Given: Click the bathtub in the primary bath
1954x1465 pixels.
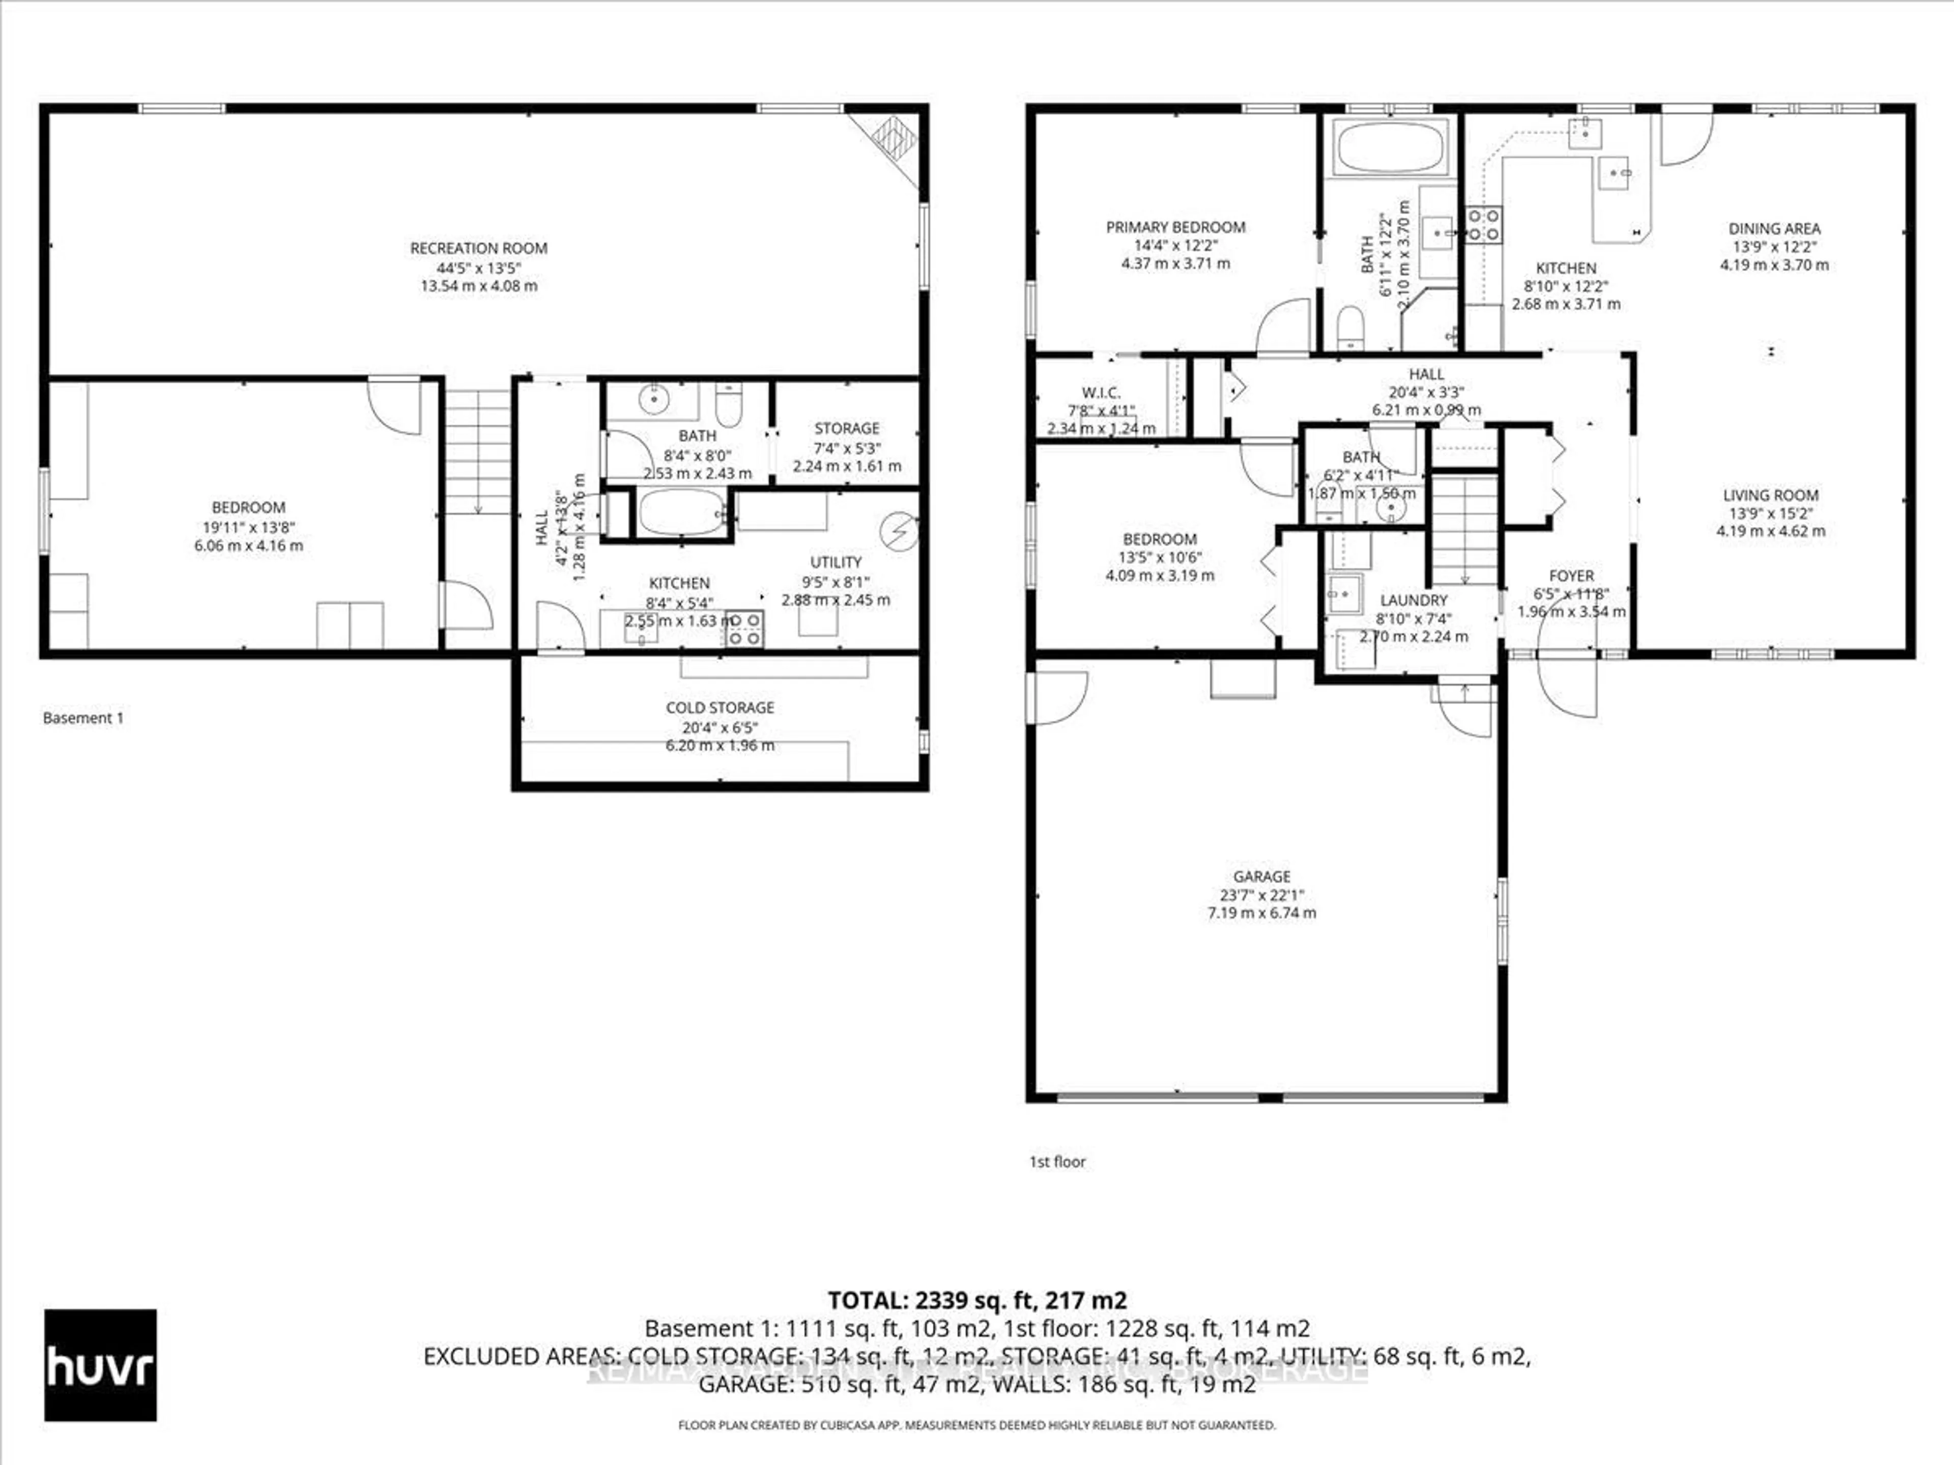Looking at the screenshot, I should (x=1390, y=148).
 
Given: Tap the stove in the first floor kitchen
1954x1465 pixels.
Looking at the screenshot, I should (x=1484, y=224).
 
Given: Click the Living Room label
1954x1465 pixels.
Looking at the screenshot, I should (x=1770, y=495).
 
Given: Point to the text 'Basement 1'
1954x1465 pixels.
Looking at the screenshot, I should (x=83, y=718).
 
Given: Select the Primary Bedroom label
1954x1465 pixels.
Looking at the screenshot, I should (x=1175, y=227).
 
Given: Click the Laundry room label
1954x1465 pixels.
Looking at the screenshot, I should (x=1414, y=600).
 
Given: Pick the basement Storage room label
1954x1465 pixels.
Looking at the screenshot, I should (x=846, y=428).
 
